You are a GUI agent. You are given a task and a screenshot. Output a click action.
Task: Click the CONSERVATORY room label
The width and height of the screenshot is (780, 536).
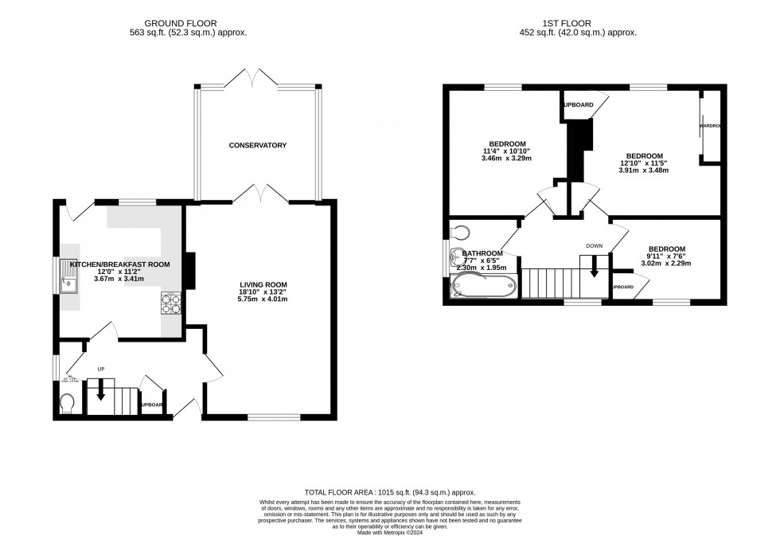tap(257, 145)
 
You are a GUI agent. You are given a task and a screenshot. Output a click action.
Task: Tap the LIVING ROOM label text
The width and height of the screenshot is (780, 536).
tap(263, 284)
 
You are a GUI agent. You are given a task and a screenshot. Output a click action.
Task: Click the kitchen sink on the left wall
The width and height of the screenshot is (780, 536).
tap(69, 281)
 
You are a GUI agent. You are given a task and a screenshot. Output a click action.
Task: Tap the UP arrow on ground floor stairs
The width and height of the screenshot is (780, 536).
tap(101, 389)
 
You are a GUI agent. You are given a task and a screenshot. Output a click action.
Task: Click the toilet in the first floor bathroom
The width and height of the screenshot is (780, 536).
tap(458, 231)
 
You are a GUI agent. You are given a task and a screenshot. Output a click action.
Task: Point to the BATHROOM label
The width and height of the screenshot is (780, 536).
tap(483, 253)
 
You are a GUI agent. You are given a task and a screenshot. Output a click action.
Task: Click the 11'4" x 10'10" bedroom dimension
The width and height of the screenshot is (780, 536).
tap(505, 151)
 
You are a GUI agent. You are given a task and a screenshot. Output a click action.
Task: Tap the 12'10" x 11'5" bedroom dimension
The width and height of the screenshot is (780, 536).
tap(645, 163)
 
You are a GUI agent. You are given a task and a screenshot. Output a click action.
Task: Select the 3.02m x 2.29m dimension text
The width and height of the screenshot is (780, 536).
tap(667, 264)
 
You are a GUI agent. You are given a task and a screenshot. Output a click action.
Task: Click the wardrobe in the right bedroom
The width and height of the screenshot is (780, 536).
tap(710, 126)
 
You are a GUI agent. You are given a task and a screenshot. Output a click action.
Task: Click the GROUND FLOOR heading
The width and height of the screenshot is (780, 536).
tap(188, 23)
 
